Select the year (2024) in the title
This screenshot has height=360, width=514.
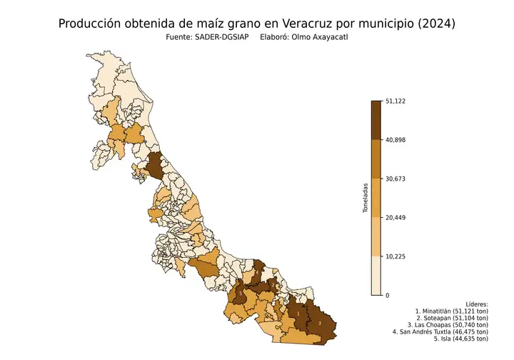(430, 24)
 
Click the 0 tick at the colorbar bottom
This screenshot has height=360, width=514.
(388, 295)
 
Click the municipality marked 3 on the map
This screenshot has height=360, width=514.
(319, 323)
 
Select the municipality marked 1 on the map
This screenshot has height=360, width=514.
(297, 314)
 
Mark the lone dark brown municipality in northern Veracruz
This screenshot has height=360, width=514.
(155, 168)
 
